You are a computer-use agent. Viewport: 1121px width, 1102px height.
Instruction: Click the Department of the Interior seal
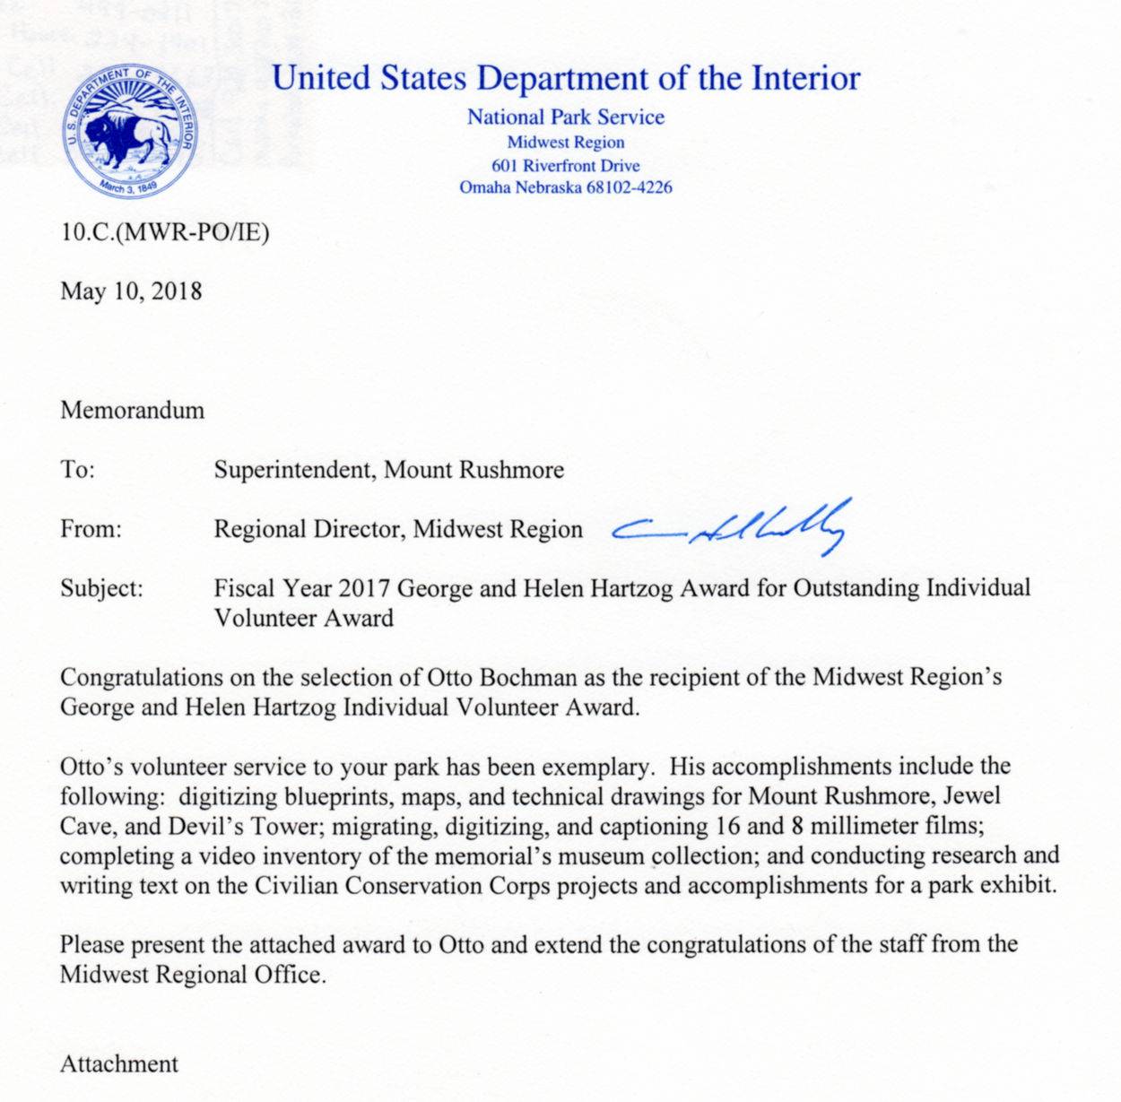130,130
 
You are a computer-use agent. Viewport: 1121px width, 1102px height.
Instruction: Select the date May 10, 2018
131,291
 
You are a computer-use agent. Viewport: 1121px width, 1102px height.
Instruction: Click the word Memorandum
132,411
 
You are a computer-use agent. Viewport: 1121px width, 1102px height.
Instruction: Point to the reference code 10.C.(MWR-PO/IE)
164,232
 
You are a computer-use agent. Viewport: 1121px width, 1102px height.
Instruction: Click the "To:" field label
77,470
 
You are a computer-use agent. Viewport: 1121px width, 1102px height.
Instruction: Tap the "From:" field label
91,529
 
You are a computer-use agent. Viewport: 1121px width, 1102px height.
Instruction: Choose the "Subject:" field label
101,589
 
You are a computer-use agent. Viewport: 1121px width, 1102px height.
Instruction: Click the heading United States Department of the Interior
566,78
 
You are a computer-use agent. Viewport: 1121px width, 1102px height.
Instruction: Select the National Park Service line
566,117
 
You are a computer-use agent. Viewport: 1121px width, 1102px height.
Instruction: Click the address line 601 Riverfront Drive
566,166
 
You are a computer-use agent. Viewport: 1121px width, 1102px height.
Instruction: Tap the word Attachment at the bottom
119,1064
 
